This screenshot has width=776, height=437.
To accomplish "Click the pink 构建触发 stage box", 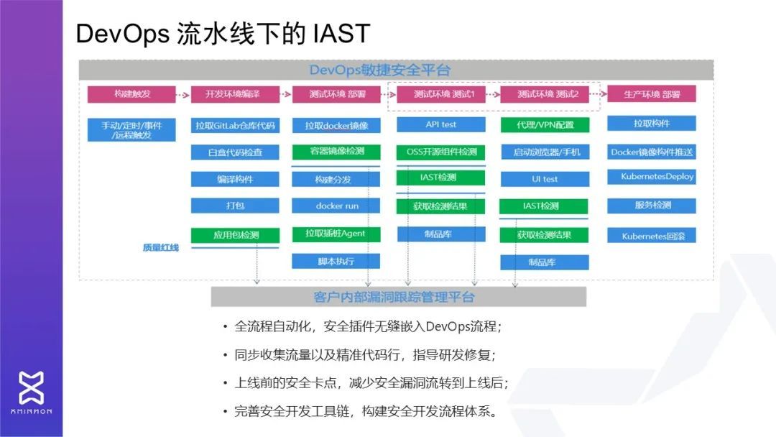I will coord(131,94).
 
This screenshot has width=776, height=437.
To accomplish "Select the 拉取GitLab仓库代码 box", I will coord(234,126).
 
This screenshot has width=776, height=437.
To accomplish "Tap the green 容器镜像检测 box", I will coord(336,152).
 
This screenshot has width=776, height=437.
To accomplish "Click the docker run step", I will coord(336,206).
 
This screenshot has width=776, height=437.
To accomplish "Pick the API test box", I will coord(440,125).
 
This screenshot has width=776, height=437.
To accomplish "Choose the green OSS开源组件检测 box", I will coord(440,152).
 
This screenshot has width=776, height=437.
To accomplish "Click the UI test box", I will coord(545,179).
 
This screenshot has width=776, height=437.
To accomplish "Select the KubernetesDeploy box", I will coord(651,177).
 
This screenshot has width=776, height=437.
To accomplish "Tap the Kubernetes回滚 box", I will coord(651,235).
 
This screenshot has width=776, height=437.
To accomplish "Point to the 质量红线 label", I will coord(160,248).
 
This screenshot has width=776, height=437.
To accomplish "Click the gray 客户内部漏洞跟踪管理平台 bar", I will coord(398,297).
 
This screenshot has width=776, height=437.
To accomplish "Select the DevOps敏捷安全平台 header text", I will coord(379,70).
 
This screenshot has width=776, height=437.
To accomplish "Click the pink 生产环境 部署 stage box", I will coord(651,94).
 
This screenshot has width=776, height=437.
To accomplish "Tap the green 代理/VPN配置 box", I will coord(545,125).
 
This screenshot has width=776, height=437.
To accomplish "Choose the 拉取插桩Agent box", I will coord(336,234).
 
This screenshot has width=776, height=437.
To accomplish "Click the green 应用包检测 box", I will coord(234,235).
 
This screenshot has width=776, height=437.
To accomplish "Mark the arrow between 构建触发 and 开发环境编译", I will coord(183,94).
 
